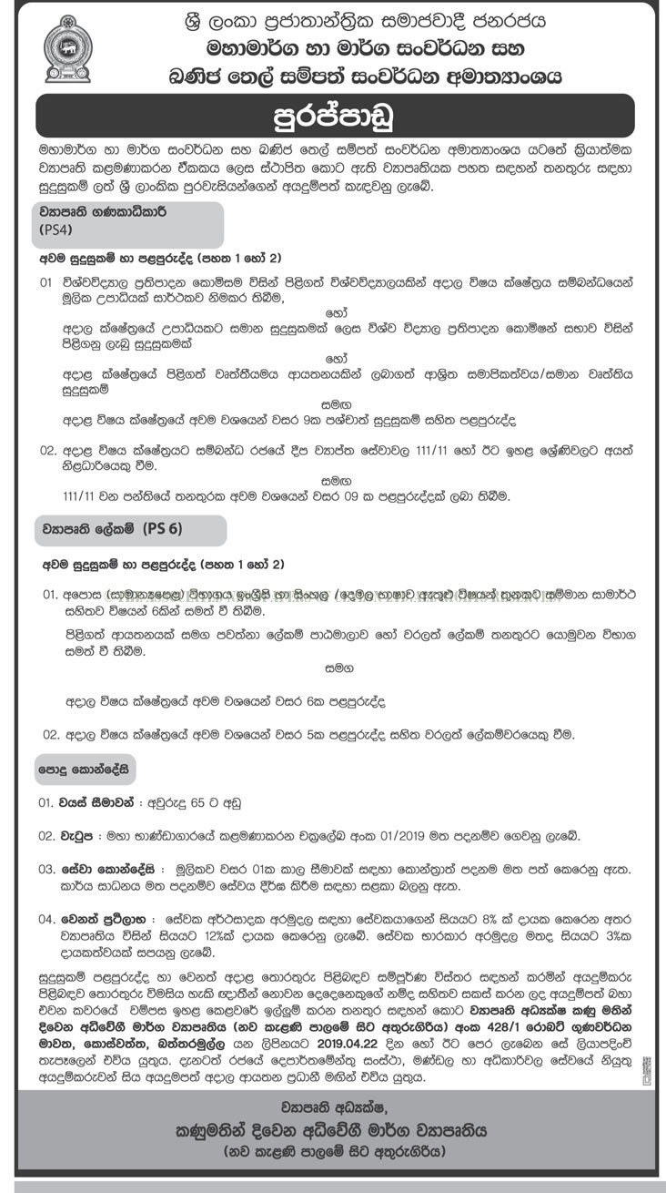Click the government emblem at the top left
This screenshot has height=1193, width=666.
tap(67, 50)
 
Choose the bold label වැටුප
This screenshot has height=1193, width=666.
tap(81, 835)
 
